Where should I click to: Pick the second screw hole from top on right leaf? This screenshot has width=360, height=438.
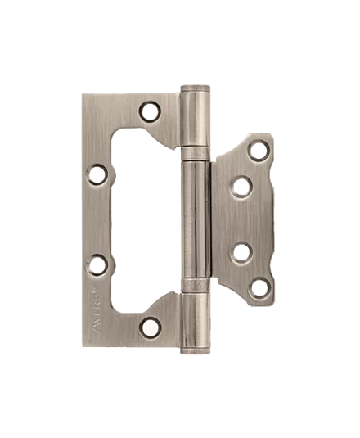pyautogui.click(x=241, y=187)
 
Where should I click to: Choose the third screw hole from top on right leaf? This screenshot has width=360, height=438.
pyautogui.click(x=242, y=251)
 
